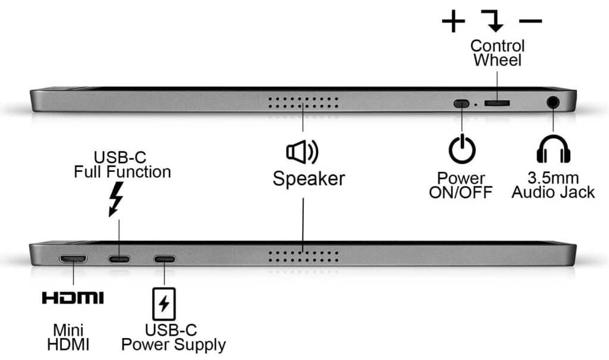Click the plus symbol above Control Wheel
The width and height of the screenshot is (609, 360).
pos(453,22)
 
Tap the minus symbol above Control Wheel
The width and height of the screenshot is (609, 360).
pos(530,22)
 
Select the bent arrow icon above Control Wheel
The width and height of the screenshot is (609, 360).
pos(493,21)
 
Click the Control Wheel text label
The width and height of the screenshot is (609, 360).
pos(497,52)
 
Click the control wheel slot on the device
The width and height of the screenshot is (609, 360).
pos(497,103)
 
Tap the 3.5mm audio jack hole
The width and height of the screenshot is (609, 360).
pos(554,102)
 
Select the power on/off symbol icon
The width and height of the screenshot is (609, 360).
pos(462,149)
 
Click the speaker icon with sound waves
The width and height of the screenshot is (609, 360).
pos(302,152)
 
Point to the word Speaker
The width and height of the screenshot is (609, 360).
pos(309,179)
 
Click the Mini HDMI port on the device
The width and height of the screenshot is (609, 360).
pos(73,259)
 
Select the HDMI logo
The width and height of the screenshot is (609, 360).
pos(73,298)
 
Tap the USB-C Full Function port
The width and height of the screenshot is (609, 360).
pos(119,259)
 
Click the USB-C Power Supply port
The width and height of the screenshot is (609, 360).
pos(165,259)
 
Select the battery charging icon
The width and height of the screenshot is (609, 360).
pos(164,303)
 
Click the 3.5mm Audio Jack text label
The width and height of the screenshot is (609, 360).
pos(553,185)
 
